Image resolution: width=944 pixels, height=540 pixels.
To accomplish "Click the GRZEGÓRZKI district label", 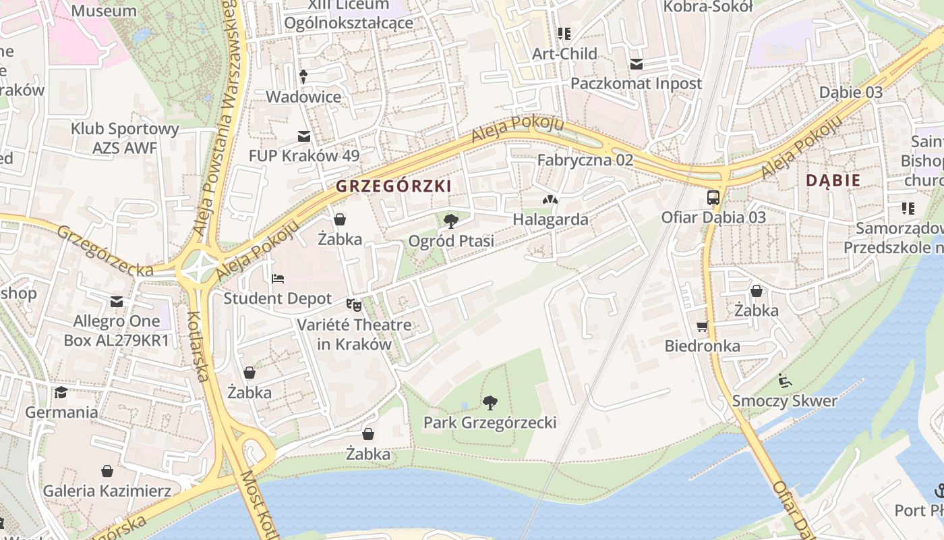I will pyautogui.click(x=393, y=186).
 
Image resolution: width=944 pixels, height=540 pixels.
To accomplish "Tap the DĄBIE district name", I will pyautogui.click(x=833, y=180).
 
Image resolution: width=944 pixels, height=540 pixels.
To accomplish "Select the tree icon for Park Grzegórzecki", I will pyautogui.click(x=490, y=403).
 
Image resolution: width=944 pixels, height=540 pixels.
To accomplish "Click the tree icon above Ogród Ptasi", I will pyautogui.click(x=451, y=221).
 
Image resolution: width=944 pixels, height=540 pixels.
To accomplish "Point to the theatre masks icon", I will pyautogui.click(x=354, y=305).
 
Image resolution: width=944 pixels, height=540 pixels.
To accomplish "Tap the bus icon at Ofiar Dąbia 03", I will pyautogui.click(x=713, y=198).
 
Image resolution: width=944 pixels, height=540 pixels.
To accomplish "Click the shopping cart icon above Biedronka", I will pyautogui.click(x=703, y=327).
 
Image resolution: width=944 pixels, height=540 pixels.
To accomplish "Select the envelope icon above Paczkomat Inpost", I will pyautogui.click(x=636, y=64).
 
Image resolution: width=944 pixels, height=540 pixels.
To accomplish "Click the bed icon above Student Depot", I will pyautogui.click(x=277, y=278).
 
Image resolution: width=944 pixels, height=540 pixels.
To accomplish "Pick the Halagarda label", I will pyautogui.click(x=550, y=219).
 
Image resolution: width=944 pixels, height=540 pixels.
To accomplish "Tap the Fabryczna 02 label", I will pyautogui.click(x=585, y=160).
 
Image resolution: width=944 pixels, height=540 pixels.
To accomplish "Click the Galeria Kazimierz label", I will pyautogui.click(x=107, y=491).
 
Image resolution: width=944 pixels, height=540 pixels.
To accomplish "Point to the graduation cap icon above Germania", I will pyautogui.click(x=61, y=392).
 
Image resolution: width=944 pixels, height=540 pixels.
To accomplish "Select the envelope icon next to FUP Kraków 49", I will pyautogui.click(x=304, y=136).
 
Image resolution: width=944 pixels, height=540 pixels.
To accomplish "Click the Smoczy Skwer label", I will pyautogui.click(x=785, y=401).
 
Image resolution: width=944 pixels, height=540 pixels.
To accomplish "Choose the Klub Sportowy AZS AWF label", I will pyautogui.click(x=125, y=138).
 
